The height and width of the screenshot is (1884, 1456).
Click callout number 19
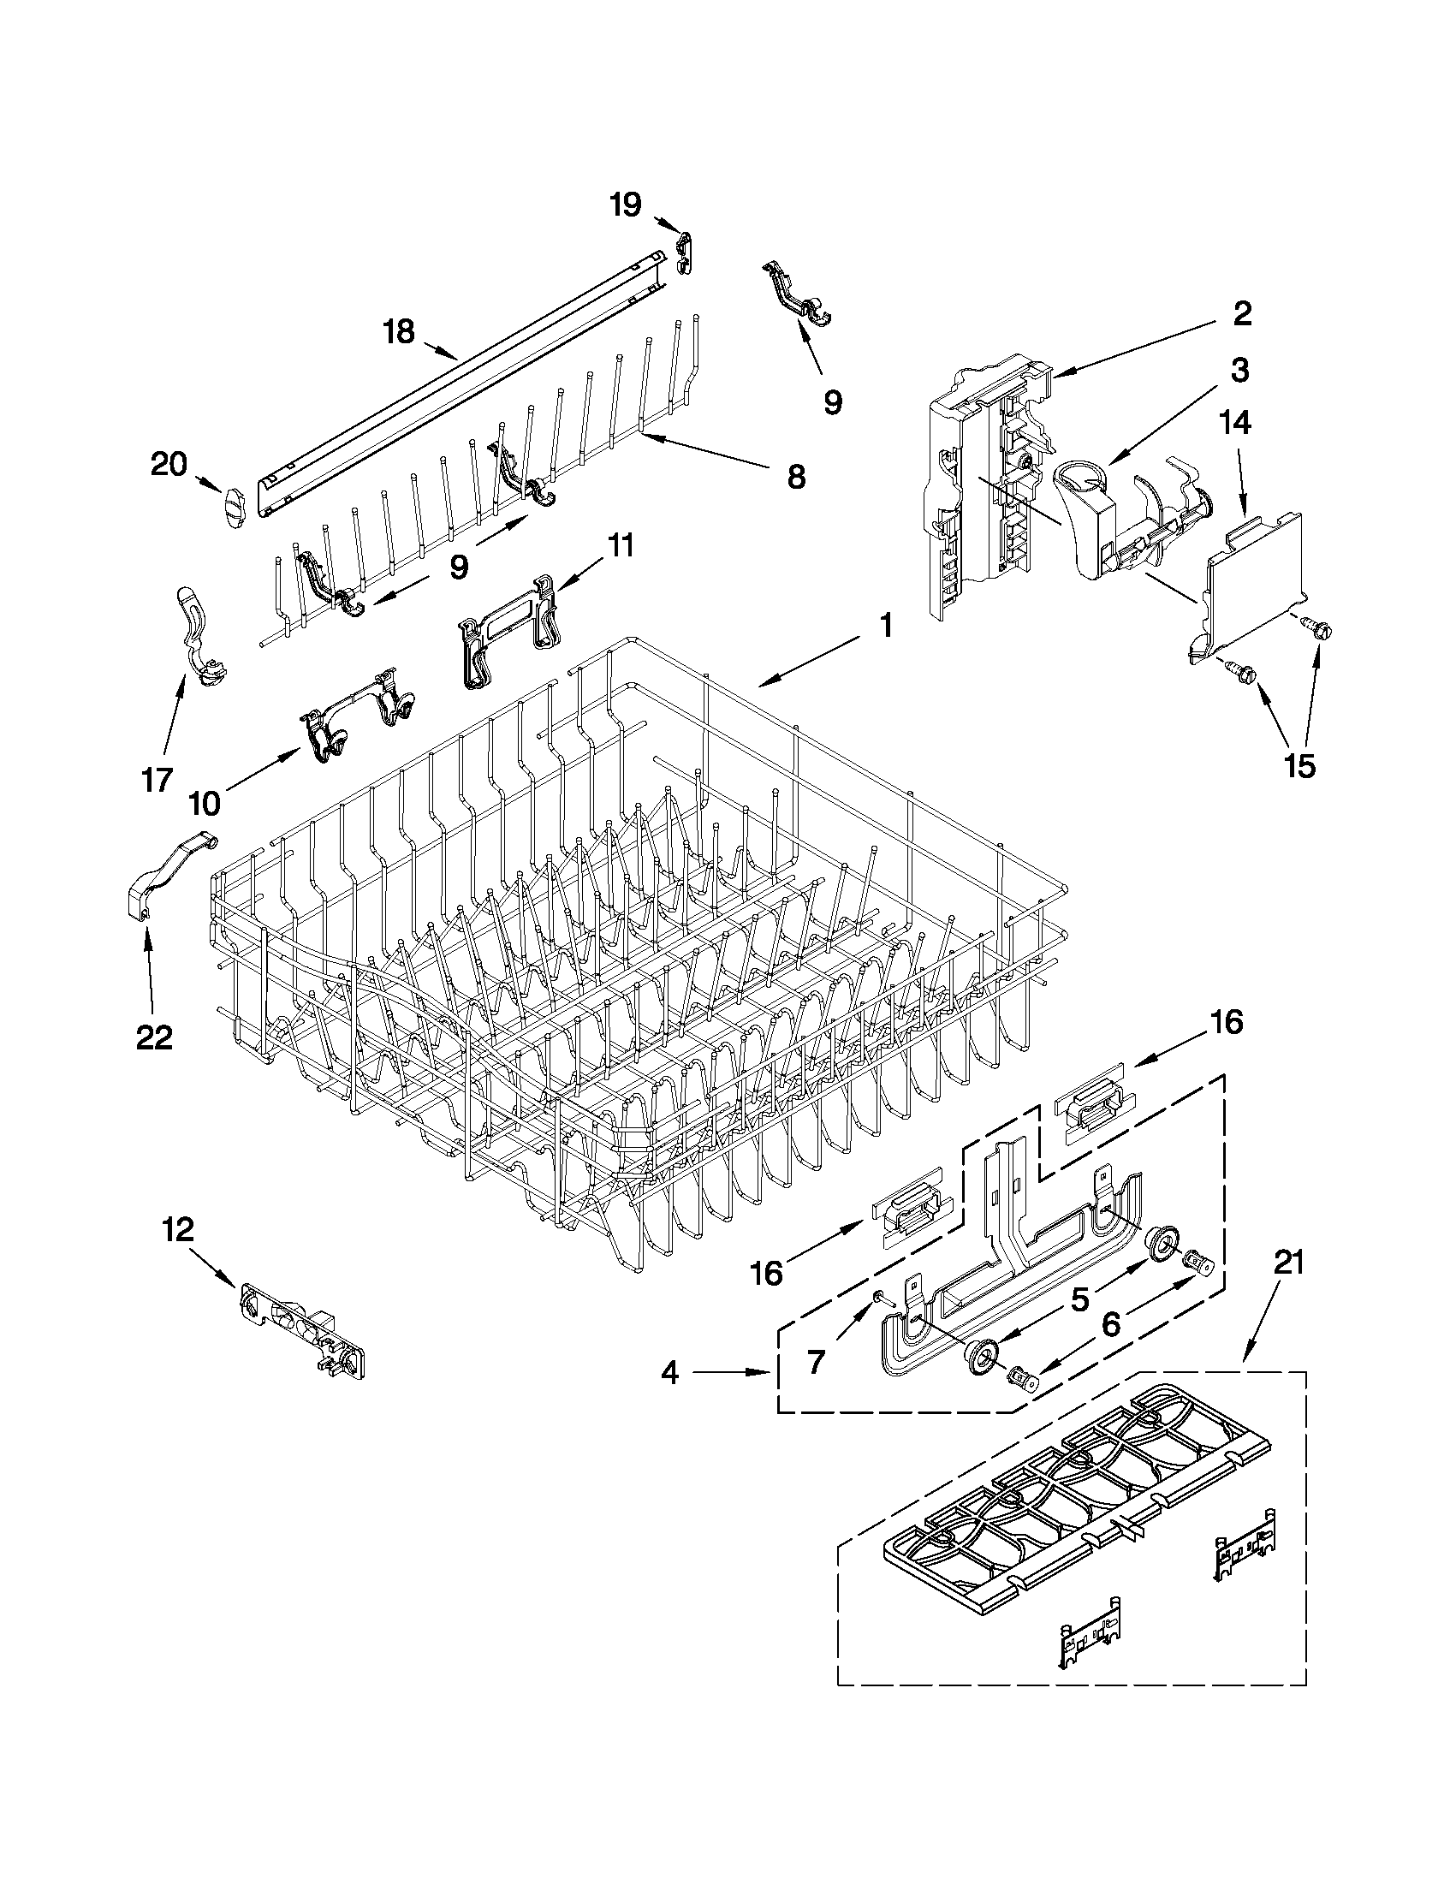click(x=627, y=205)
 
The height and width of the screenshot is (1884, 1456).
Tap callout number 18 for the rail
click(x=399, y=332)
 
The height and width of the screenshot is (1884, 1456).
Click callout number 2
click(x=1240, y=313)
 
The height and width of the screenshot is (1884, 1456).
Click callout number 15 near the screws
click(x=1300, y=765)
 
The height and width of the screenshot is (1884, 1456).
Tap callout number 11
click(x=620, y=545)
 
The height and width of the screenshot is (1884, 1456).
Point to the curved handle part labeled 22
click(x=169, y=880)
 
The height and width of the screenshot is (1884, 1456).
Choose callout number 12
click(x=178, y=1230)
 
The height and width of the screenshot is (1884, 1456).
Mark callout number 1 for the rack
click(x=886, y=627)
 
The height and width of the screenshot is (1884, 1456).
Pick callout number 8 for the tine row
click(x=795, y=476)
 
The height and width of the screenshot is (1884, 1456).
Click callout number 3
click(x=1239, y=370)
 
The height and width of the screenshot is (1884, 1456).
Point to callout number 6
click(x=1111, y=1324)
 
